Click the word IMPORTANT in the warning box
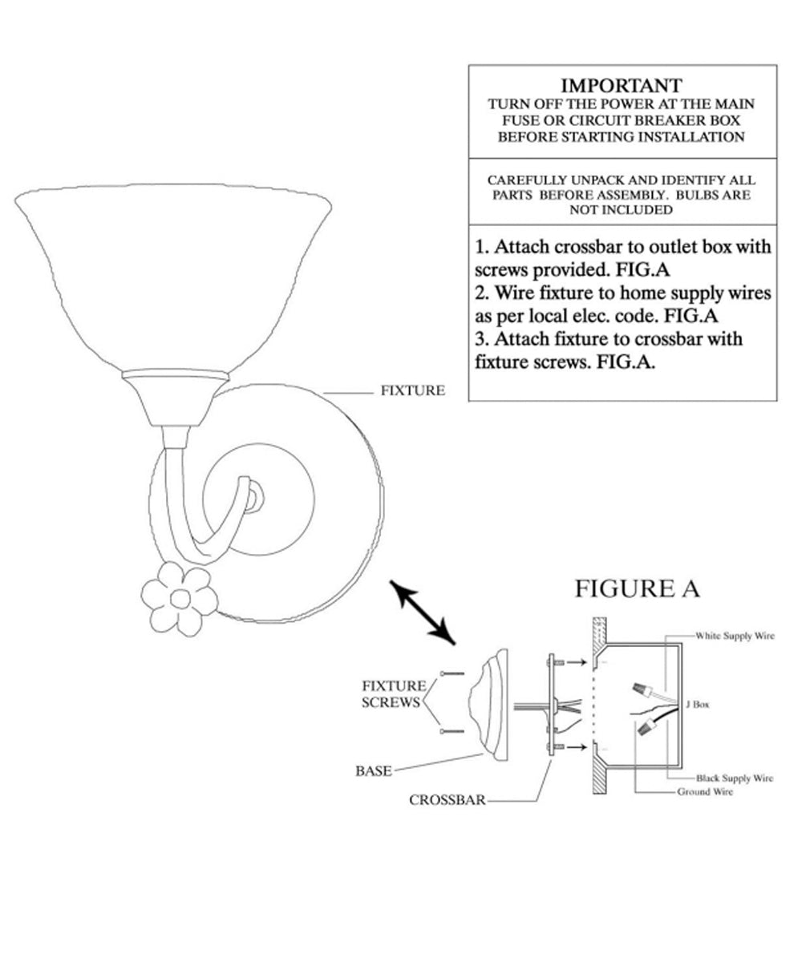tap(621, 86)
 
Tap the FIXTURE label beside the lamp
tap(412, 390)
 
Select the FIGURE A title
tap(637, 588)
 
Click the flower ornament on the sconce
tap(180, 599)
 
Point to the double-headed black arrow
tap(422, 612)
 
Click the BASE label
tap(374, 770)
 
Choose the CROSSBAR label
tap(447, 800)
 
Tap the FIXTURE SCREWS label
tap(393, 694)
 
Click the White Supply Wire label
tap(735, 636)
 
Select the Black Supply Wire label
tap(735, 778)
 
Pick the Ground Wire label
tap(705, 791)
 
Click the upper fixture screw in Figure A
tap(452, 673)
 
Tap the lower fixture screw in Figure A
tap(452, 731)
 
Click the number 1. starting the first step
tap(482, 248)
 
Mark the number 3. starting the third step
tap(482, 339)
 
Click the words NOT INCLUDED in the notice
tap(621, 210)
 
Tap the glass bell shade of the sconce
tap(173, 277)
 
